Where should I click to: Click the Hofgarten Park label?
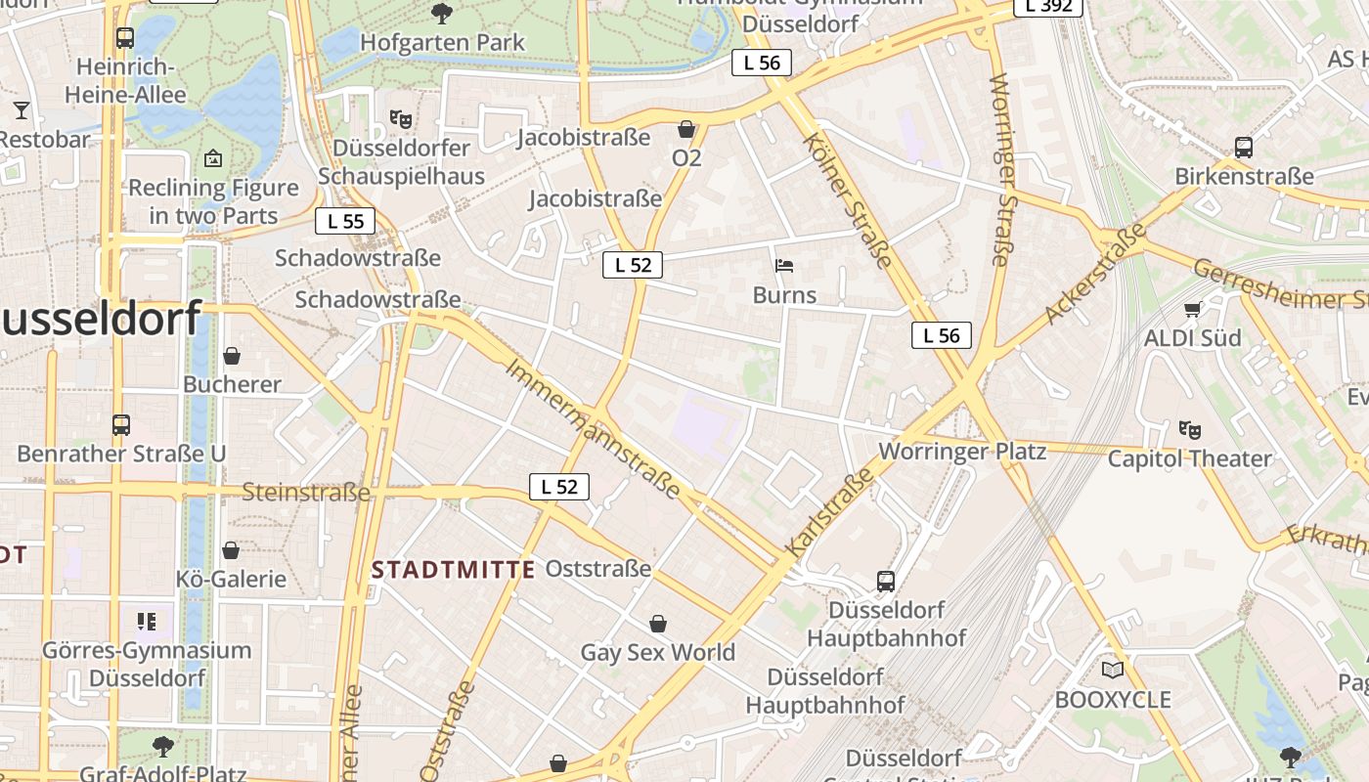click(x=442, y=42)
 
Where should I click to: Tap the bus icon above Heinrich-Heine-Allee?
click(x=124, y=38)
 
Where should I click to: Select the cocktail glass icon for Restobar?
click(x=21, y=109)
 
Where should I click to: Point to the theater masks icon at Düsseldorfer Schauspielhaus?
click(x=400, y=119)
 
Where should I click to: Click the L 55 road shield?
click(x=345, y=221)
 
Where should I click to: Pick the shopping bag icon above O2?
click(x=686, y=129)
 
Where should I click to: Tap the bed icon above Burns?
click(x=783, y=265)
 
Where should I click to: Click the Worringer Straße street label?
click(x=999, y=168)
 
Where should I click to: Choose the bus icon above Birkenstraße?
click(x=1243, y=148)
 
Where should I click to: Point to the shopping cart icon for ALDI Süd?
click(x=1192, y=310)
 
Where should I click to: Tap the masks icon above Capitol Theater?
click(x=1189, y=429)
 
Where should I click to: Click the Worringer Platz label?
click(x=962, y=452)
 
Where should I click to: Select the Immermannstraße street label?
click(x=592, y=428)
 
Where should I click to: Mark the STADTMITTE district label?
click(x=454, y=570)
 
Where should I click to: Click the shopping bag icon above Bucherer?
click(x=232, y=356)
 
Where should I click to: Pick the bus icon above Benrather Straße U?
click(x=121, y=425)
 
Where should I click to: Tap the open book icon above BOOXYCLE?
click(x=1112, y=671)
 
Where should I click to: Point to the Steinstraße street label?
click(x=306, y=492)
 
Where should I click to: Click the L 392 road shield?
click(x=1048, y=6)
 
